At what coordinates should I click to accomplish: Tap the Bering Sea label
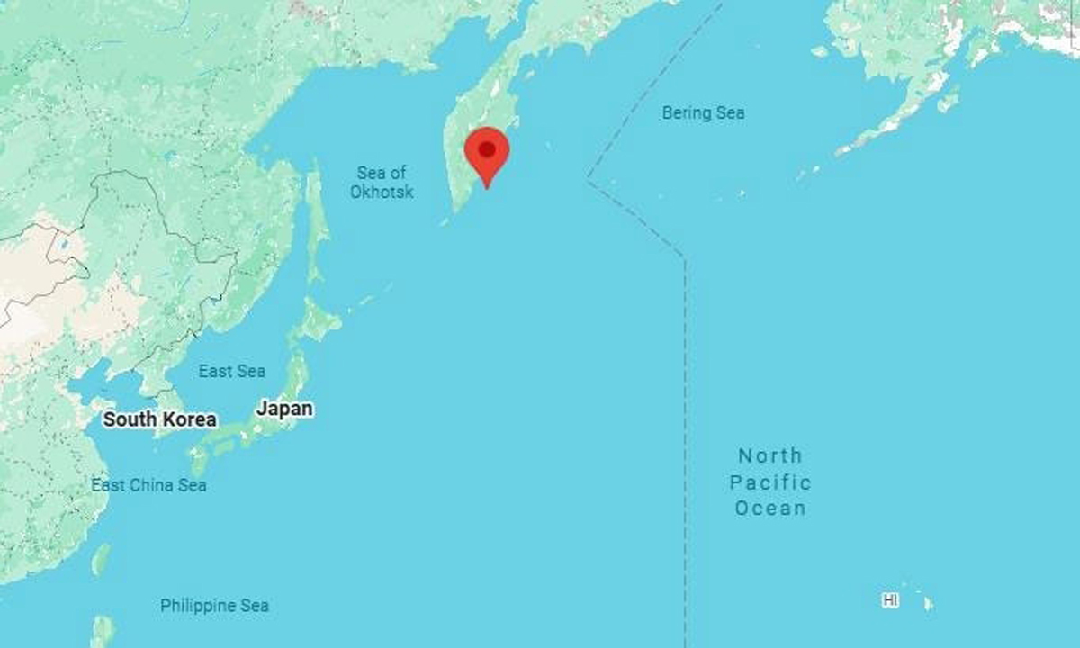(x=703, y=113)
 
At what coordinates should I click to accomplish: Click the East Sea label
(x=232, y=371)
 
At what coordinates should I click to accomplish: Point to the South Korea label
(x=159, y=419)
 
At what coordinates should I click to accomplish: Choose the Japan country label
(x=285, y=409)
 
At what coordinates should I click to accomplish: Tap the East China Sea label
(x=148, y=485)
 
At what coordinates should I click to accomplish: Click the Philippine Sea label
(x=214, y=606)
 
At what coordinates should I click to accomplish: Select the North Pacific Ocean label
(x=770, y=481)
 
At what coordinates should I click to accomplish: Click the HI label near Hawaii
(x=890, y=599)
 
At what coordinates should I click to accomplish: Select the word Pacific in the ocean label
(x=770, y=482)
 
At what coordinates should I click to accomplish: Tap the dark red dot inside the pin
(x=487, y=148)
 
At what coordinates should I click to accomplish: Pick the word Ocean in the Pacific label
(x=770, y=508)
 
